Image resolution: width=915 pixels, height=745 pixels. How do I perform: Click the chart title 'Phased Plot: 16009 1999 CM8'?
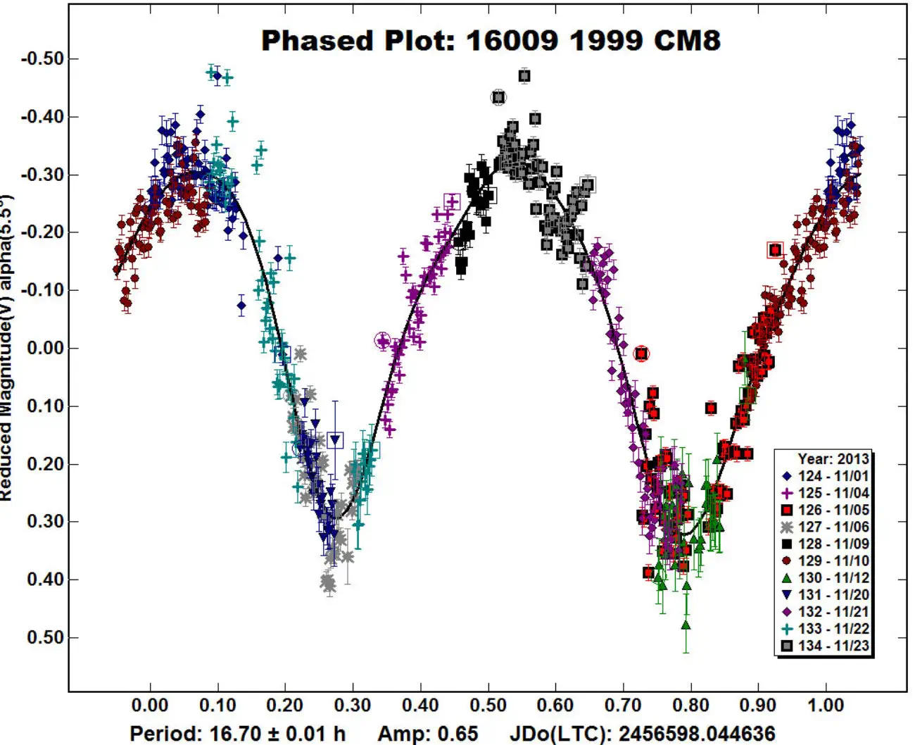491,40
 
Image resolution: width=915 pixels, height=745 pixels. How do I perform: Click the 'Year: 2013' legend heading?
833,459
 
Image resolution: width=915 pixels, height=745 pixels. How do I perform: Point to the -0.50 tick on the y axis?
42,58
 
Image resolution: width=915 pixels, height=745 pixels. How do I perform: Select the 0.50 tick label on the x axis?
488,705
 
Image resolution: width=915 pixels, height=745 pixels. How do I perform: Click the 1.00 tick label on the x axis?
826,705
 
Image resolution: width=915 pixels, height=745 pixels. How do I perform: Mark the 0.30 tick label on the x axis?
353,705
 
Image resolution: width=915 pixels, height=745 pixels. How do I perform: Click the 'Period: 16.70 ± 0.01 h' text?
237,734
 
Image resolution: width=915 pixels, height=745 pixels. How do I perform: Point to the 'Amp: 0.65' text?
427,734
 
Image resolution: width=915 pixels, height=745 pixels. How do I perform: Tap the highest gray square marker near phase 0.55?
524,76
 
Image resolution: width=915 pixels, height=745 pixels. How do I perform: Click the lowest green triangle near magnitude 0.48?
686,625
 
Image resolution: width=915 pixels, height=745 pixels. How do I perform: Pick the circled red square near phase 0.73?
640,353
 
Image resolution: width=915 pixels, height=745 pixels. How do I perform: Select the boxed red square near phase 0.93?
775,250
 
